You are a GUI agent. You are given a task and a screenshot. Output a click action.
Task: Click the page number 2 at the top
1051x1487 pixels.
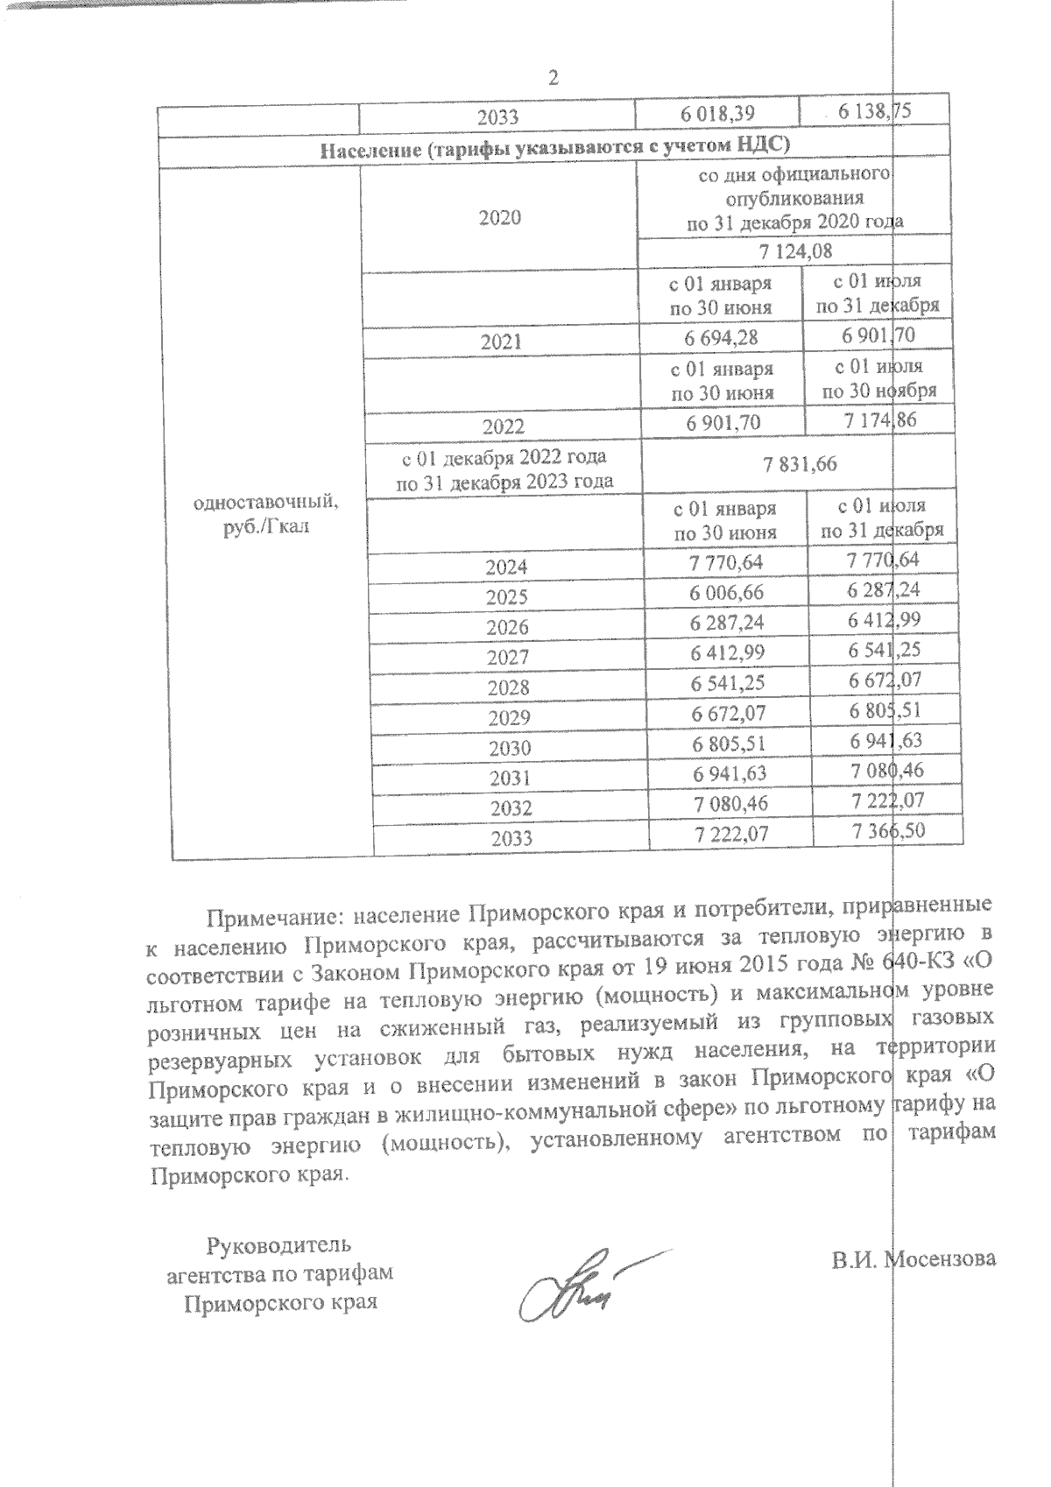coord(553,78)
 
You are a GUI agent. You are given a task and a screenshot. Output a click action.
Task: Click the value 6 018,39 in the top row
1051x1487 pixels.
coord(718,113)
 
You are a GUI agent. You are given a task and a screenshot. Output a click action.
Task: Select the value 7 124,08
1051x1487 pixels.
coord(795,252)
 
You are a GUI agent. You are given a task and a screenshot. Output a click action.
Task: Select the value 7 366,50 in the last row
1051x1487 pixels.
coord(889,830)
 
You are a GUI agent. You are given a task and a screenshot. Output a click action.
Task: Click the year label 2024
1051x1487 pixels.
coord(507,567)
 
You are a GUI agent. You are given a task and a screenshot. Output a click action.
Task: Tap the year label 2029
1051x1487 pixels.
coord(509,717)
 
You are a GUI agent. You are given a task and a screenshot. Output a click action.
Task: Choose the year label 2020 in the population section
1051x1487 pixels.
coord(500,218)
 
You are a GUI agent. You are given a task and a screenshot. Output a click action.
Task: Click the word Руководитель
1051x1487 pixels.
coord(279,1244)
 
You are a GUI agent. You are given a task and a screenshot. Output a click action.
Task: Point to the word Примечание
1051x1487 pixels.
coord(267,917)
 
